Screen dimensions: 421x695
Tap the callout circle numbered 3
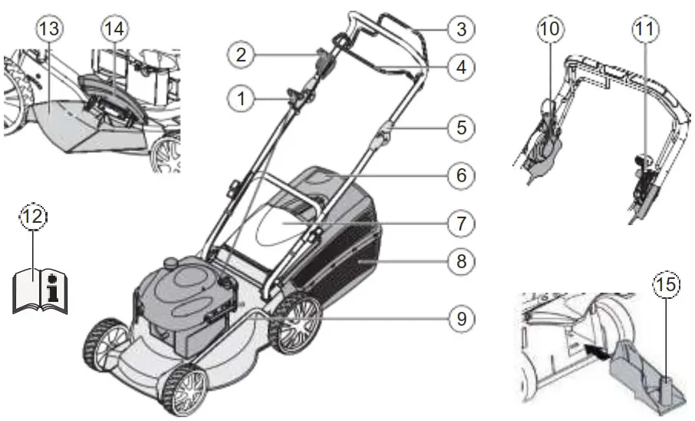coord(460,30)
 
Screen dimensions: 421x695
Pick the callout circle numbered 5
coord(460,126)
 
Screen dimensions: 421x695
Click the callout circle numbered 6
coord(460,174)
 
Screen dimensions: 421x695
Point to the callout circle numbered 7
coord(460,224)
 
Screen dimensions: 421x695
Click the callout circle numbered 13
coord(53,29)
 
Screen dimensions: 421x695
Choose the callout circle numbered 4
coord(460,66)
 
